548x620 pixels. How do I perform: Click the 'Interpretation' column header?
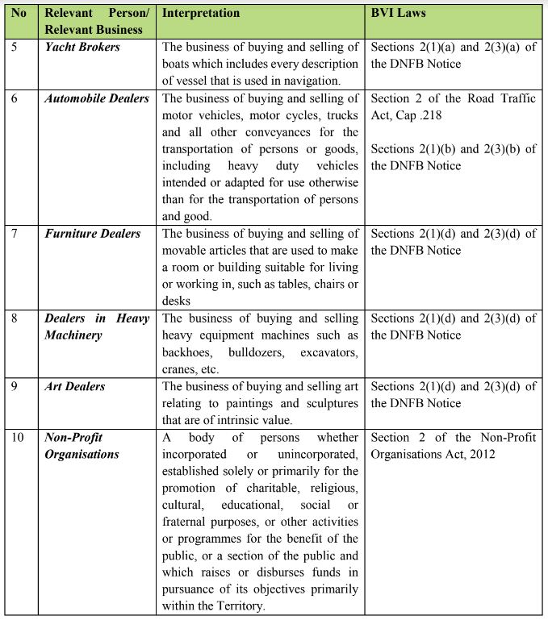pyautogui.click(x=201, y=13)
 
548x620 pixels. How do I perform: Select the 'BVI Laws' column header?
pyautogui.click(x=399, y=13)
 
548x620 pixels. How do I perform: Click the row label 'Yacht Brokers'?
pyautogui.click(x=82, y=47)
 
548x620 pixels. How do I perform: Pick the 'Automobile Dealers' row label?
pyautogui.click(x=97, y=98)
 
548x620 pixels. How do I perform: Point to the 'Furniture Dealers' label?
pyautogui.click(x=92, y=234)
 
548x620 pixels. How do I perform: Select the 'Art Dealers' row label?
pyautogui.click(x=75, y=386)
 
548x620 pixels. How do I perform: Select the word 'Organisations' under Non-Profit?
pyautogui.click(x=82, y=454)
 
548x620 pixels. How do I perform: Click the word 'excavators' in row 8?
pyautogui.click(x=329, y=352)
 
